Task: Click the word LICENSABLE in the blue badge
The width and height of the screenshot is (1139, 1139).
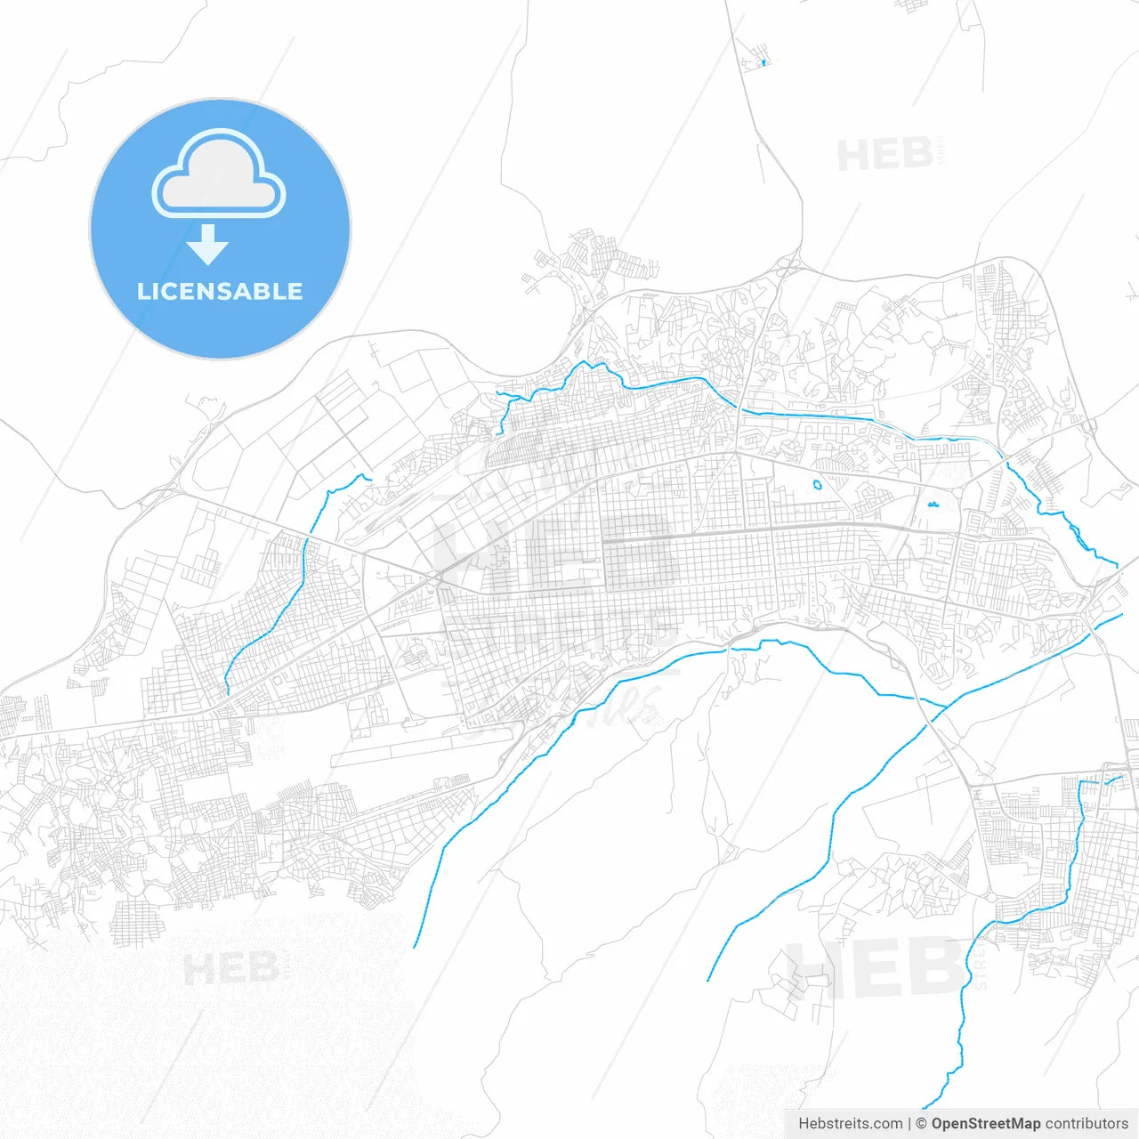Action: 220,291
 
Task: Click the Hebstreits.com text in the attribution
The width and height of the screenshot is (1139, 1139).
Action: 850,1124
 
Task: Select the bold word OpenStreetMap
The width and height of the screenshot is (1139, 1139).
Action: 986,1124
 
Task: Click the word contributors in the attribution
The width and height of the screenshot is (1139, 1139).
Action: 1086,1124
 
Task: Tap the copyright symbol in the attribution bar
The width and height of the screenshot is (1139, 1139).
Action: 921,1124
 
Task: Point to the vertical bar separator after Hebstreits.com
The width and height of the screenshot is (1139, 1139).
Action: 909,1124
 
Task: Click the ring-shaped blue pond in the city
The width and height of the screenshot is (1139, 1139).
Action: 817,486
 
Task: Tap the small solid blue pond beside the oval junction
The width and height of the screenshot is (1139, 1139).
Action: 933,505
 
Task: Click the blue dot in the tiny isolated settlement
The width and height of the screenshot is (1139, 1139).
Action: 763,62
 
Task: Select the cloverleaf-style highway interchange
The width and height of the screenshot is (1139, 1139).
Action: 788,265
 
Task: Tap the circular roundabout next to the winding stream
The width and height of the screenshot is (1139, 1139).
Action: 990,897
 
